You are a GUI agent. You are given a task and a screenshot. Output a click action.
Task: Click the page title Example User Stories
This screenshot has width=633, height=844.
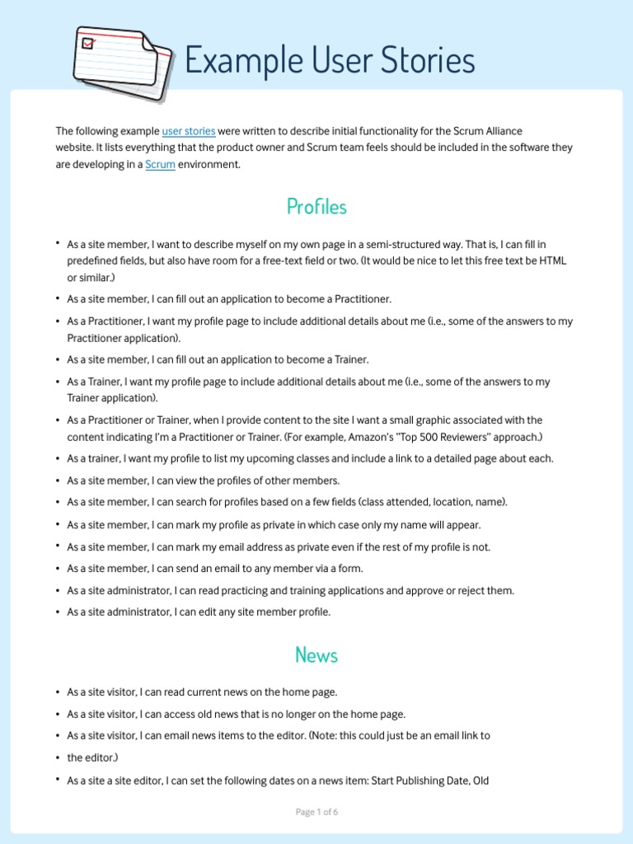(x=330, y=60)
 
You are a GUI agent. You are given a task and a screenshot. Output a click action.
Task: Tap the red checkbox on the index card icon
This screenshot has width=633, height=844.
(x=87, y=42)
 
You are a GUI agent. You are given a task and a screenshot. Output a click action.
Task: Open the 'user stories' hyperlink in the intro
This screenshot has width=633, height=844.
(x=189, y=131)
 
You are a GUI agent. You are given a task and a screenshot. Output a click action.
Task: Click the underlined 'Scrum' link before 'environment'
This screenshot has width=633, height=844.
(x=160, y=164)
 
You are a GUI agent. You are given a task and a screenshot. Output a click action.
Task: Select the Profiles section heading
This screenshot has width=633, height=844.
(x=316, y=207)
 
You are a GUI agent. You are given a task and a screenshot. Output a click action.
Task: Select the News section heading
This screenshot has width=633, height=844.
(x=316, y=655)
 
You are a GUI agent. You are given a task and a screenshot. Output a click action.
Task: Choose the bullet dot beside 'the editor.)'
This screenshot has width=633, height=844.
(x=58, y=757)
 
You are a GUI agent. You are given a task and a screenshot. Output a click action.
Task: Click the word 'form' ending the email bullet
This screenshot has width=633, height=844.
(x=350, y=568)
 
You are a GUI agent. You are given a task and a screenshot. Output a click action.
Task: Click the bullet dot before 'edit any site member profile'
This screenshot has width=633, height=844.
(x=58, y=612)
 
